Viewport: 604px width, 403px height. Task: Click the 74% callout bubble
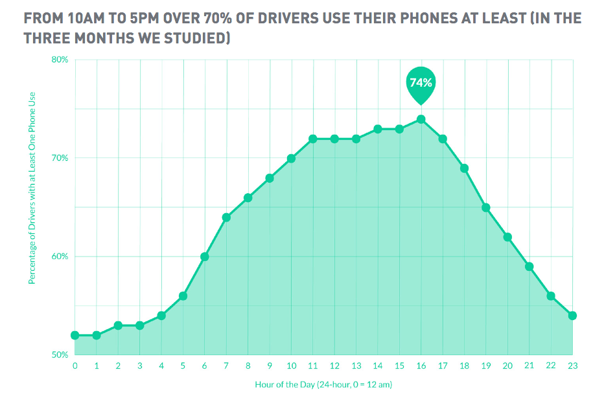421,83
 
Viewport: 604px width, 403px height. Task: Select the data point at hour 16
421,119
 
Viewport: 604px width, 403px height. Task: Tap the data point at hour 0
75,335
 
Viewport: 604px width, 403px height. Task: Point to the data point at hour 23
572,316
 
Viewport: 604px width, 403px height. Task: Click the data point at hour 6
205,257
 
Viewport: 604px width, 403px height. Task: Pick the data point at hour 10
291,158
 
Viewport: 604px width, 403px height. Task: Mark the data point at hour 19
486,207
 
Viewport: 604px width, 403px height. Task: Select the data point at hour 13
356,139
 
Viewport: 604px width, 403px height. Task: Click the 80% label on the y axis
60,60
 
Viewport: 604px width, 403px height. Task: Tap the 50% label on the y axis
60,355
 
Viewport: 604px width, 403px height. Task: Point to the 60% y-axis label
60,257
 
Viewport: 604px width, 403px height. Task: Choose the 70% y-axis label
60,158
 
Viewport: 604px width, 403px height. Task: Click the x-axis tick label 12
334,366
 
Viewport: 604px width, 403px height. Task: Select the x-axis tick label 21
529,366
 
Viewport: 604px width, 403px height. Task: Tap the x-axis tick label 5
183,366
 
